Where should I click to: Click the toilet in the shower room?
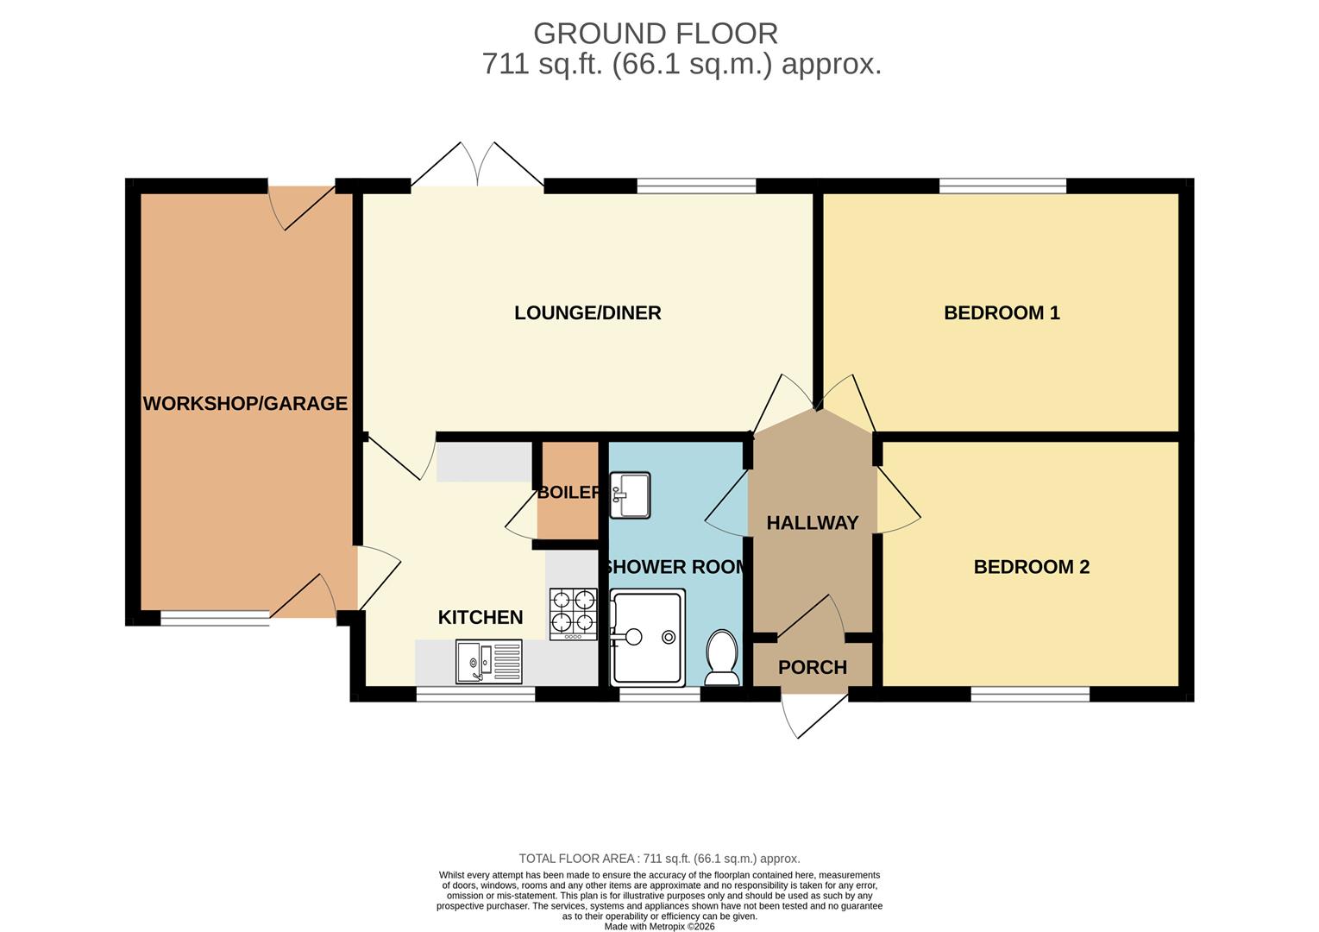coord(721,658)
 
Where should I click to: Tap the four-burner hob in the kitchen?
coord(573,614)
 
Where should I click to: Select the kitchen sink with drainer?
coord(489,662)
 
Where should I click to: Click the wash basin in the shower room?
coord(630,494)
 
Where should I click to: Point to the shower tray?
coord(648,638)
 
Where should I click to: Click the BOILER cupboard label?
coord(568,492)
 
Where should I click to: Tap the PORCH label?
coord(813,667)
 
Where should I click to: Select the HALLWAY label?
coord(813,523)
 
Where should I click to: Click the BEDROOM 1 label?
coord(1002,313)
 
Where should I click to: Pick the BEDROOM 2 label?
coord(1032,567)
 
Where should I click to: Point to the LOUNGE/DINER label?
coord(587,313)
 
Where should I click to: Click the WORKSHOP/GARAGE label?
coord(245,404)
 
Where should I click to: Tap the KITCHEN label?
coord(480,617)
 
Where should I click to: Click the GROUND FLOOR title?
coord(656,34)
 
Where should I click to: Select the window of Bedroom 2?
coord(1031,694)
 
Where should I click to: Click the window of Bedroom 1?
coord(1002,186)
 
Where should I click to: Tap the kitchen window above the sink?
coord(476,694)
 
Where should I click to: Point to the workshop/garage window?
coord(215,618)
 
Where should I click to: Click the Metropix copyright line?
coord(659,927)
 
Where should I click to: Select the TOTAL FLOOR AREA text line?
coord(659,859)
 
